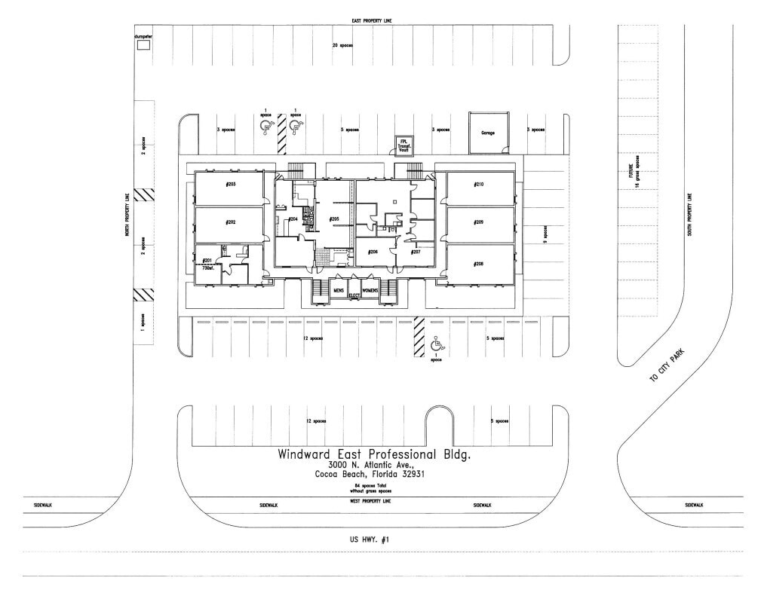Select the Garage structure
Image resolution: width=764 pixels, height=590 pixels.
[487, 132]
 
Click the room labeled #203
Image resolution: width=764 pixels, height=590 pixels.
[230, 186]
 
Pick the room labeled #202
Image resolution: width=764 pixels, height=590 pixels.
[230, 224]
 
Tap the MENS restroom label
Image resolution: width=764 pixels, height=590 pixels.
[339, 290]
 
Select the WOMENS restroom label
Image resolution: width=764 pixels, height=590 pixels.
[370, 290]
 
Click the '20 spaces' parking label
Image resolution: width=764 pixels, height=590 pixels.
[343, 46]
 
